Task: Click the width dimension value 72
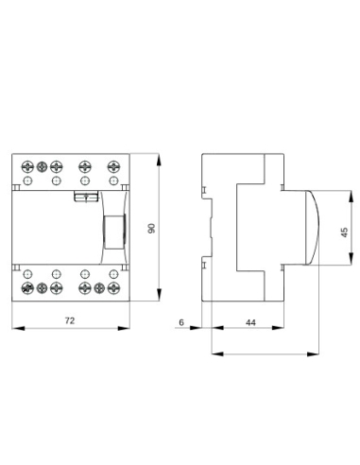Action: pos(69,320)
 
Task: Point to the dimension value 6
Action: pos(180,322)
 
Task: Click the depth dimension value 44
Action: pos(249,322)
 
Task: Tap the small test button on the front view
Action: pos(85,197)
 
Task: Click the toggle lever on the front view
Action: pos(111,230)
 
